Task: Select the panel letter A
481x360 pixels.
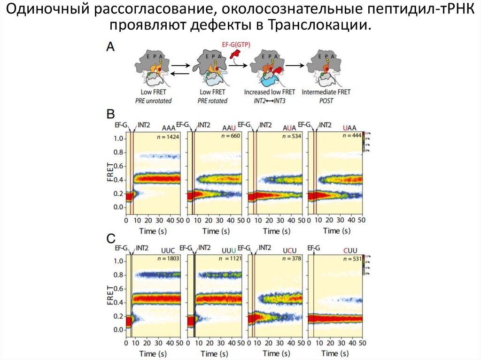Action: [111, 46]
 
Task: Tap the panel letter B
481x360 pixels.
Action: [111, 114]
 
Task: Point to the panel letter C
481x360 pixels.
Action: [111, 238]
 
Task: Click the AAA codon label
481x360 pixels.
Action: [169, 127]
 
